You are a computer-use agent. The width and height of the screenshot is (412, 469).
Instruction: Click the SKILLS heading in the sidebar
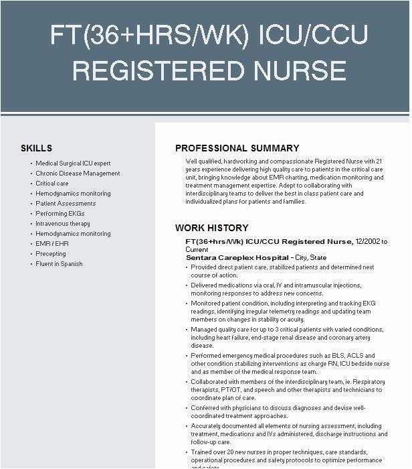point(36,148)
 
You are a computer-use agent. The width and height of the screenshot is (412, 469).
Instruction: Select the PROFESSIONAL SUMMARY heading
point(237,148)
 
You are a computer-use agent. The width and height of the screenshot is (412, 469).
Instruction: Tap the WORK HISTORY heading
point(211,228)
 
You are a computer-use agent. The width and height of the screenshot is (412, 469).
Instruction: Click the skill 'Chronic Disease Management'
point(78,174)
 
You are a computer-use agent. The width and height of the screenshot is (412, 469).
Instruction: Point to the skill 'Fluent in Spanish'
point(59,264)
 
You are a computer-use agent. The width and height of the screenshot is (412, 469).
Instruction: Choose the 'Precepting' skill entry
point(51,254)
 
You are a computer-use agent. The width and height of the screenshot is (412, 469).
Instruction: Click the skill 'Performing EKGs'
point(60,214)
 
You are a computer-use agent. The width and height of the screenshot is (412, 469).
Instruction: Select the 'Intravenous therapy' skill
point(63,224)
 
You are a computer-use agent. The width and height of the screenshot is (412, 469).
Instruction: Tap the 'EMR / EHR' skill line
point(52,244)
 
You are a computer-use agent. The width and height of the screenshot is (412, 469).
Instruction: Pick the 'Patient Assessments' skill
point(66,204)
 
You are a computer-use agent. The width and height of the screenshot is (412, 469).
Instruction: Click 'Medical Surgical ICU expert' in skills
point(73,163)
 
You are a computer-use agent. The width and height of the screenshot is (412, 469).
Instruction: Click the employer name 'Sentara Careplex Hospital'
point(237,257)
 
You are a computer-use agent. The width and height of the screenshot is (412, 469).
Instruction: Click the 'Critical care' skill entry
point(52,184)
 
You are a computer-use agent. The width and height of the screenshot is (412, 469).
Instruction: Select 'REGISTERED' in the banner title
point(163,70)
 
